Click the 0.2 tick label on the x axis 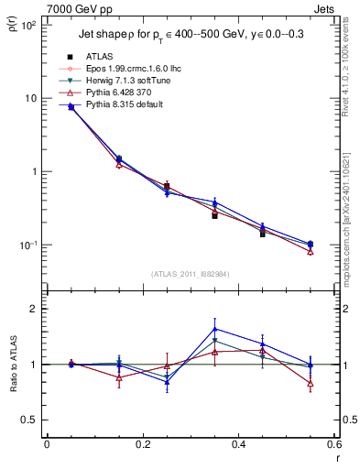(142, 445)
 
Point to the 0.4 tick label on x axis (238, 445)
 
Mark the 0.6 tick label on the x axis (333, 445)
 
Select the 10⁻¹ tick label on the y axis (28, 245)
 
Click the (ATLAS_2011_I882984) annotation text (190, 273)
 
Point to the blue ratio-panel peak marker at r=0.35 (214, 329)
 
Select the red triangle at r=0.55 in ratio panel (311, 383)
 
